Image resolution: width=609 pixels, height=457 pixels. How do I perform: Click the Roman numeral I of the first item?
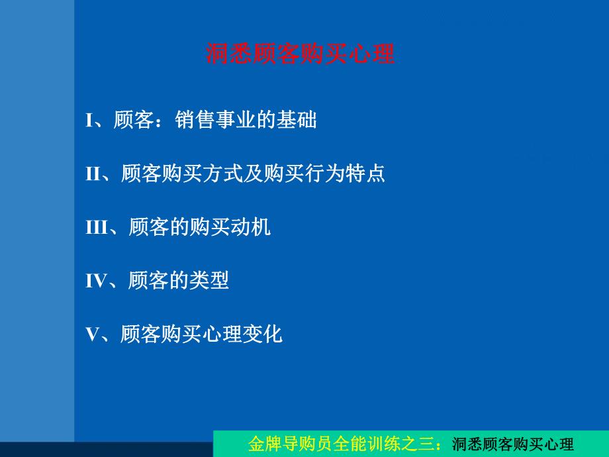(x=89, y=121)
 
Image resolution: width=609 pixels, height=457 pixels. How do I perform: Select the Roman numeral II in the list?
(x=93, y=174)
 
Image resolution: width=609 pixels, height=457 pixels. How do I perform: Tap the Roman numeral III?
(x=97, y=228)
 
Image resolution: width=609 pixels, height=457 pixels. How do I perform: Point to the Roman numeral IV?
(x=97, y=281)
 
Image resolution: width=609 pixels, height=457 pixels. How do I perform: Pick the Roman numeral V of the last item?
(x=92, y=334)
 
